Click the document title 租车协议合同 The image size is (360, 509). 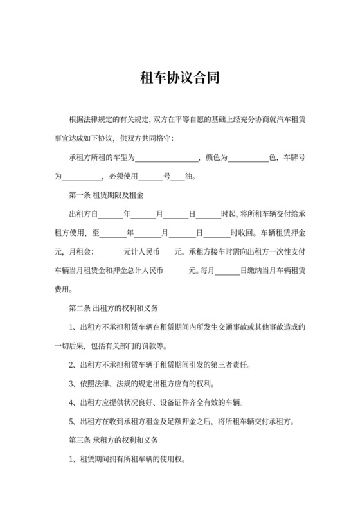coord(180,78)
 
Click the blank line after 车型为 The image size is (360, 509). coord(168,157)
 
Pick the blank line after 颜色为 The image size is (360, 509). coord(248,157)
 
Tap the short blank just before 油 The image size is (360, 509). coord(177,176)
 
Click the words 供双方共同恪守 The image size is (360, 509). coord(149,138)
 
